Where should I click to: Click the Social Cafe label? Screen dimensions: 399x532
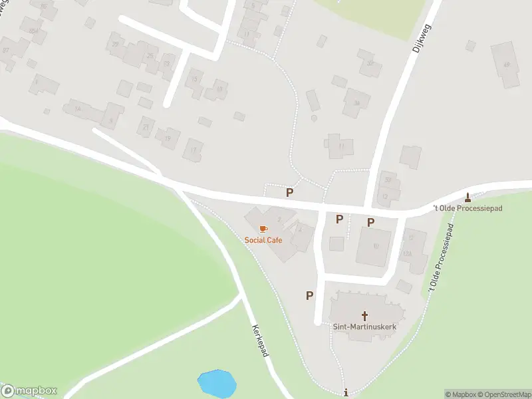(x=263, y=239)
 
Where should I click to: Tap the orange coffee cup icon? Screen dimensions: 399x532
(x=263, y=229)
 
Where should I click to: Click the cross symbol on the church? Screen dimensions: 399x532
(x=364, y=315)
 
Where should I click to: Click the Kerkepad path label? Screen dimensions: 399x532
(x=260, y=340)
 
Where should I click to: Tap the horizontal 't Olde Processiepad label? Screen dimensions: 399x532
(x=467, y=208)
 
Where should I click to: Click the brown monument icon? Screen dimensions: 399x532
(x=468, y=197)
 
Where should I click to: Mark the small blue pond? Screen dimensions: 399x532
(x=217, y=383)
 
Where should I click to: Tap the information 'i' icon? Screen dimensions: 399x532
(x=346, y=393)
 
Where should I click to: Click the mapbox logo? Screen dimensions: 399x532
(x=29, y=390)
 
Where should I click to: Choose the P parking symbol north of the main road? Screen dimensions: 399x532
(x=289, y=192)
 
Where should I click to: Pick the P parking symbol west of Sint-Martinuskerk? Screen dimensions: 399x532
(x=309, y=295)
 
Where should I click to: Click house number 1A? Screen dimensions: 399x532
(x=77, y=109)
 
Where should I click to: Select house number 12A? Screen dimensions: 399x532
(x=408, y=253)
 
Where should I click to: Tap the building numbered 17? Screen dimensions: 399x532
(x=194, y=149)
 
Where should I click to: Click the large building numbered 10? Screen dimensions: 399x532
(x=375, y=245)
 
